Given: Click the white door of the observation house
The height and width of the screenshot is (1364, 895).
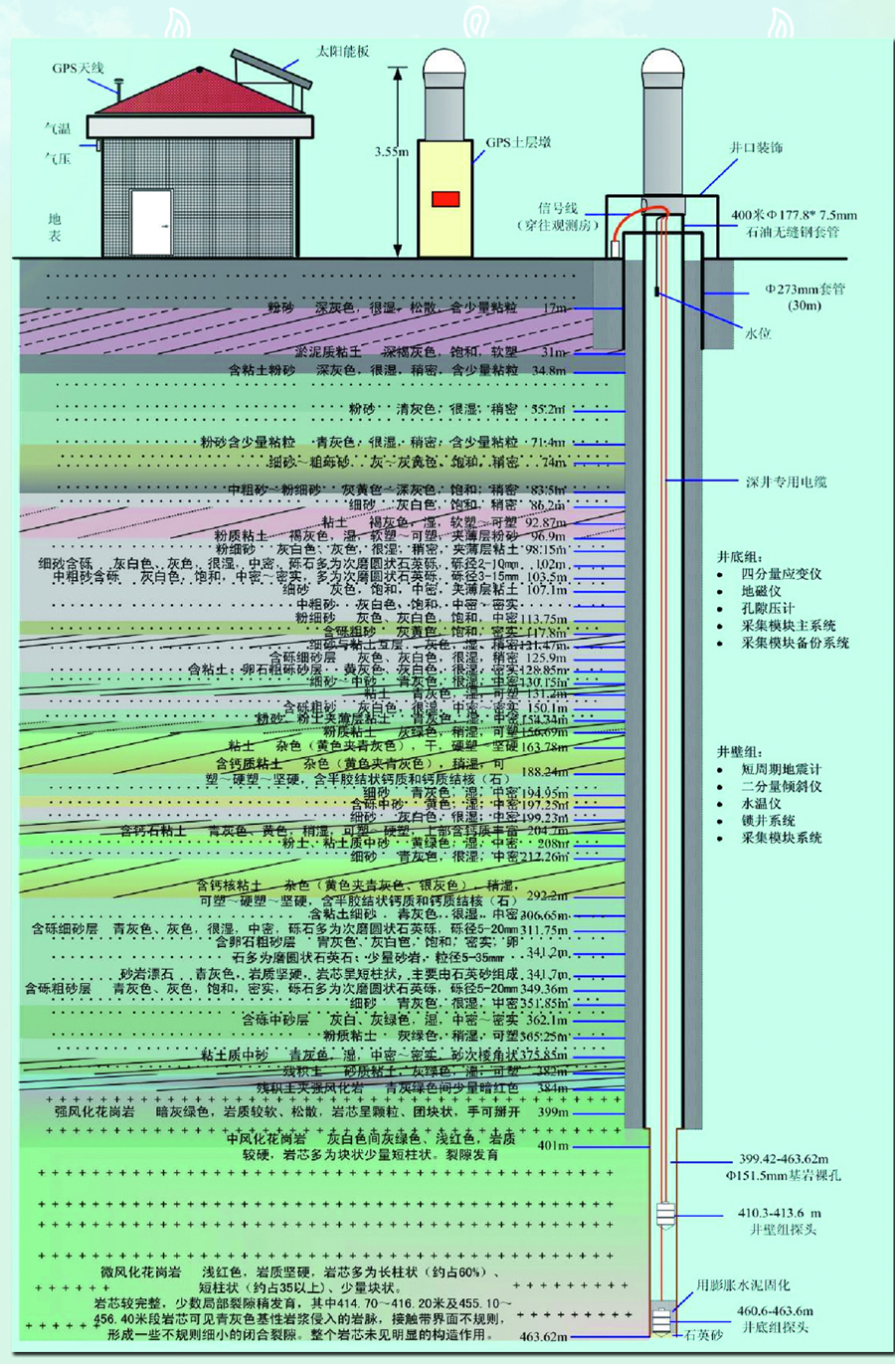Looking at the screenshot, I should [151, 222].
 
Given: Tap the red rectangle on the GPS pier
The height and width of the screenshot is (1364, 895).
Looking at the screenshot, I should [446, 199].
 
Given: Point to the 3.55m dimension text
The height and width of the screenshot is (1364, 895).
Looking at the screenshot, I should [391, 152].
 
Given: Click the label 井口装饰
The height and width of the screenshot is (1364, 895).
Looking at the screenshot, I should [756, 147].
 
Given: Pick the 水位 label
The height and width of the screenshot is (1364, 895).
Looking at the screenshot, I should [758, 333].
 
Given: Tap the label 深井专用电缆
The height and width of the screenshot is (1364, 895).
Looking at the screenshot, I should [786, 482].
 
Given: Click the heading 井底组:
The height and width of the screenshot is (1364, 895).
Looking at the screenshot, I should [741, 556].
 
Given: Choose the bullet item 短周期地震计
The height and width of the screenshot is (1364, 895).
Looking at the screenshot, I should [781, 769].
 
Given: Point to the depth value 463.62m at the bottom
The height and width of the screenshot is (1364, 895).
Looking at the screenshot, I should [543, 1337].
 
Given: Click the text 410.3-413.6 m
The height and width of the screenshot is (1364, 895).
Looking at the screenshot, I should [780, 1213].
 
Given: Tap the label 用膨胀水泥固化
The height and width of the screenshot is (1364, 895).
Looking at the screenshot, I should [743, 1285].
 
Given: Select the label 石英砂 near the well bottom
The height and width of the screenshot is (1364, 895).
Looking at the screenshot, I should [703, 1335].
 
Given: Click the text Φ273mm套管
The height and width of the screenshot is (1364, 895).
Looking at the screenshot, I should [805, 290].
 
